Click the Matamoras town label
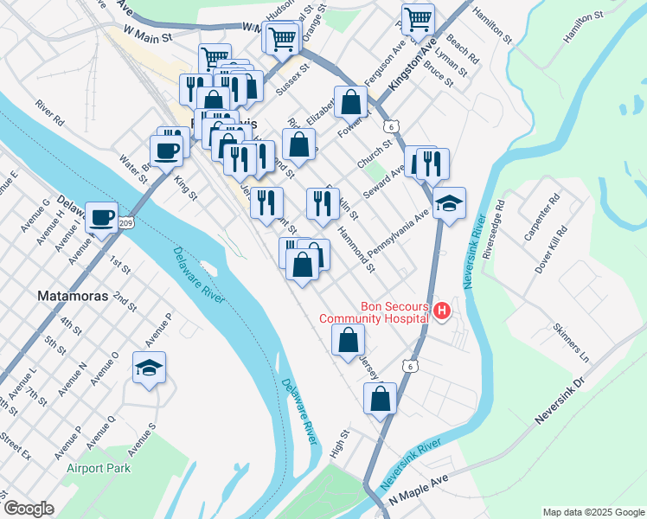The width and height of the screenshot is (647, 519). pyautogui.click(x=74, y=296)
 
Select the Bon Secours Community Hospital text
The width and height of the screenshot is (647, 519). pyautogui.click(x=375, y=312)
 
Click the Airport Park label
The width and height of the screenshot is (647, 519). pyautogui.click(x=99, y=469)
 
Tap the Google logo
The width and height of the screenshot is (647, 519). pyautogui.click(x=29, y=509)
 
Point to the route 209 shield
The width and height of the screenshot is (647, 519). pyautogui.click(x=126, y=223)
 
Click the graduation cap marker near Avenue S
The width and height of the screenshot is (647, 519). pyautogui.click(x=149, y=368)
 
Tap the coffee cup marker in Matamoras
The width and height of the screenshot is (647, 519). pyautogui.click(x=101, y=217)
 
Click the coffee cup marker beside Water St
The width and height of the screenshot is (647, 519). pyautogui.click(x=169, y=151)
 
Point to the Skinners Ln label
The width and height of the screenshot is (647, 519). pyautogui.click(x=571, y=344)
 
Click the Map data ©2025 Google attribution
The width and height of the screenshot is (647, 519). pyautogui.click(x=593, y=512)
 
